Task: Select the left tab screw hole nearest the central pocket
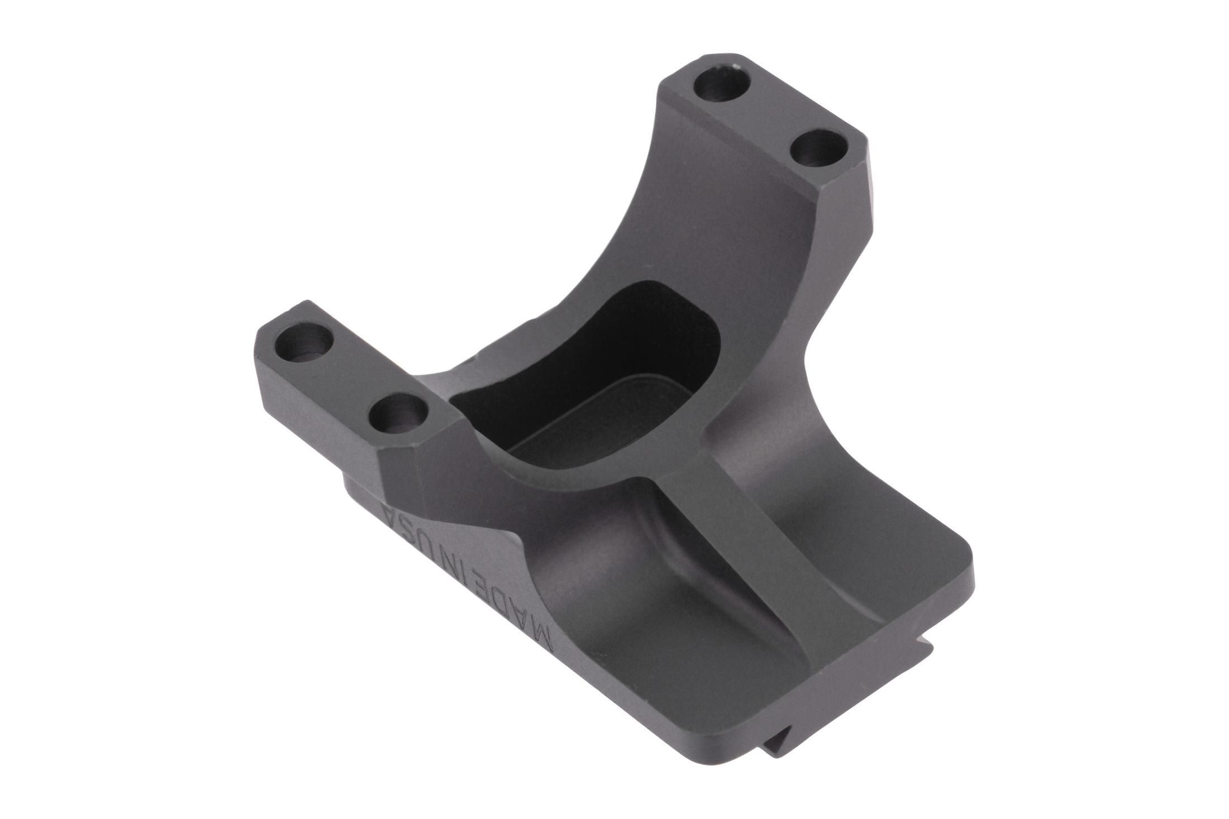point(398,414)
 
